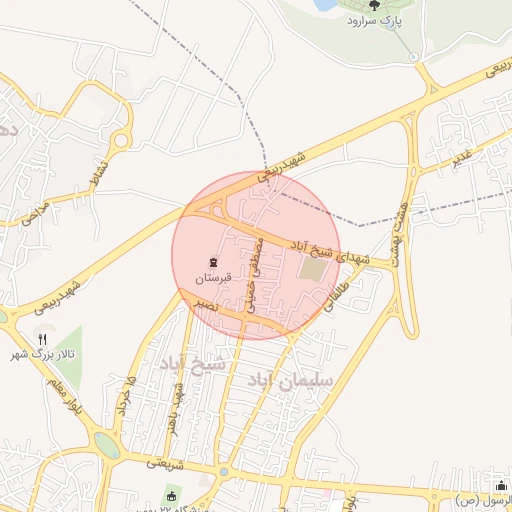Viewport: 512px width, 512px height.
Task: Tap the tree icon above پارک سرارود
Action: tap(375, 5)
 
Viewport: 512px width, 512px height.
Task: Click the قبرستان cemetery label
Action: tap(213, 277)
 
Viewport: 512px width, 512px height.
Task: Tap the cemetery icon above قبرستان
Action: tap(213, 262)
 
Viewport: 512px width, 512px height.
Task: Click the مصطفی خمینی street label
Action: tap(255, 273)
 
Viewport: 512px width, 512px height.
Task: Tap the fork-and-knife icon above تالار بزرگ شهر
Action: tap(42, 340)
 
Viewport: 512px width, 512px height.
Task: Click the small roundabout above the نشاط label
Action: tap(121, 140)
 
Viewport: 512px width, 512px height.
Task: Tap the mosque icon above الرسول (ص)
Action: tap(502, 485)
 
